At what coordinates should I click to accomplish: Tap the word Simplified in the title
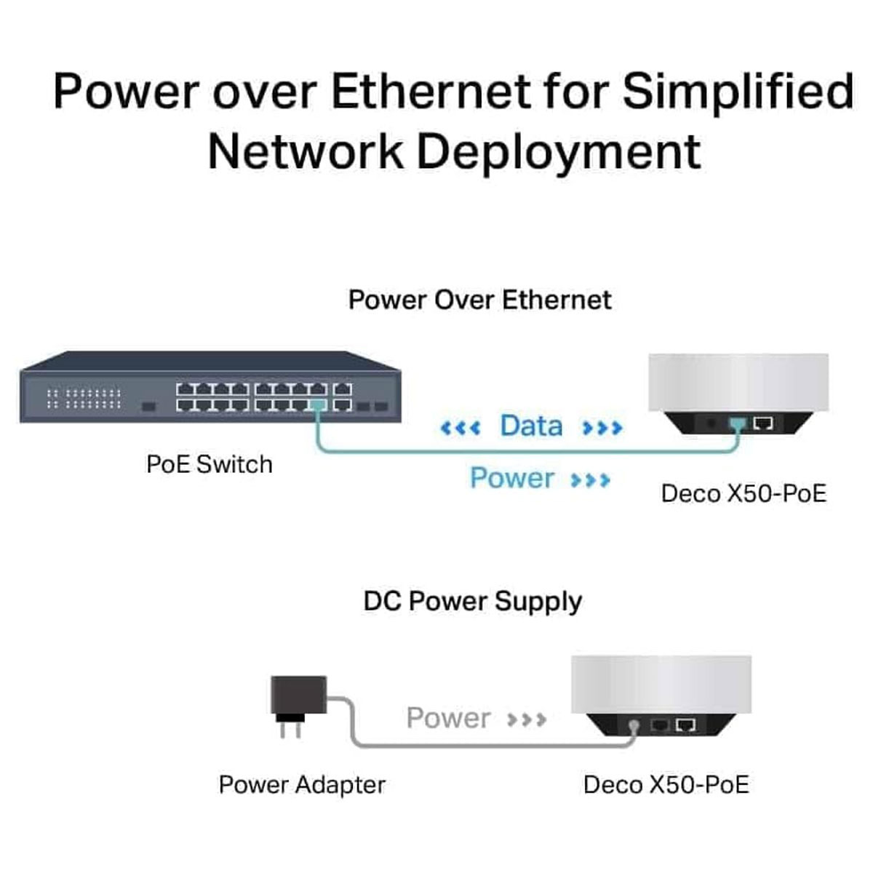[738, 92]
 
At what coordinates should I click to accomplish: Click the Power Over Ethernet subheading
[479, 300]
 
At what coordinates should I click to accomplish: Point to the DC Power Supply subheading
[473, 602]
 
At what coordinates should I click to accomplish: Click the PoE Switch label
[210, 464]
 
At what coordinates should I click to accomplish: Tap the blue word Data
[531, 426]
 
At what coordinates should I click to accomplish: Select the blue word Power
[512, 478]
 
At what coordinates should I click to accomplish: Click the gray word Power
[448, 718]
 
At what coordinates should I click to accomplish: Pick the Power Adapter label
[302, 784]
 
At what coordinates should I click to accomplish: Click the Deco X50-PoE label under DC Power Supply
[666, 784]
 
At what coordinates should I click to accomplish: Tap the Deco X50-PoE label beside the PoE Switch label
[744, 493]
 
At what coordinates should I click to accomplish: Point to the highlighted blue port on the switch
[317, 405]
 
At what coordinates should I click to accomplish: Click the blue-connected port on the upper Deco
[738, 423]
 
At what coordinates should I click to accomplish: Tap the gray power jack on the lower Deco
[634, 725]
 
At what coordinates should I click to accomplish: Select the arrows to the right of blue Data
[602, 427]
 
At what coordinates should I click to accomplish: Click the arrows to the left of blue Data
[461, 427]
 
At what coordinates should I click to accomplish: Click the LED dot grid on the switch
[84, 398]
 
